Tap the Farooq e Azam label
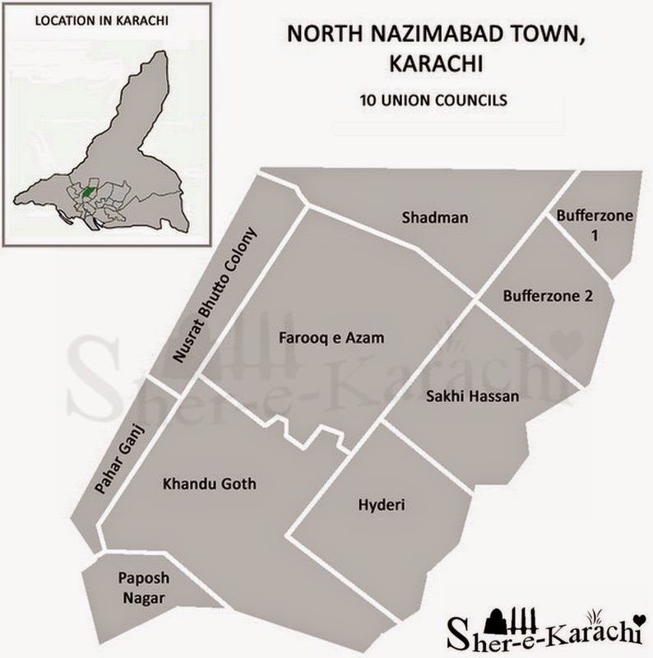(x=331, y=338)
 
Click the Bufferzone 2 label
(x=547, y=295)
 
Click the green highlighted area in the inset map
(x=87, y=192)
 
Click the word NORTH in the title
(x=310, y=36)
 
